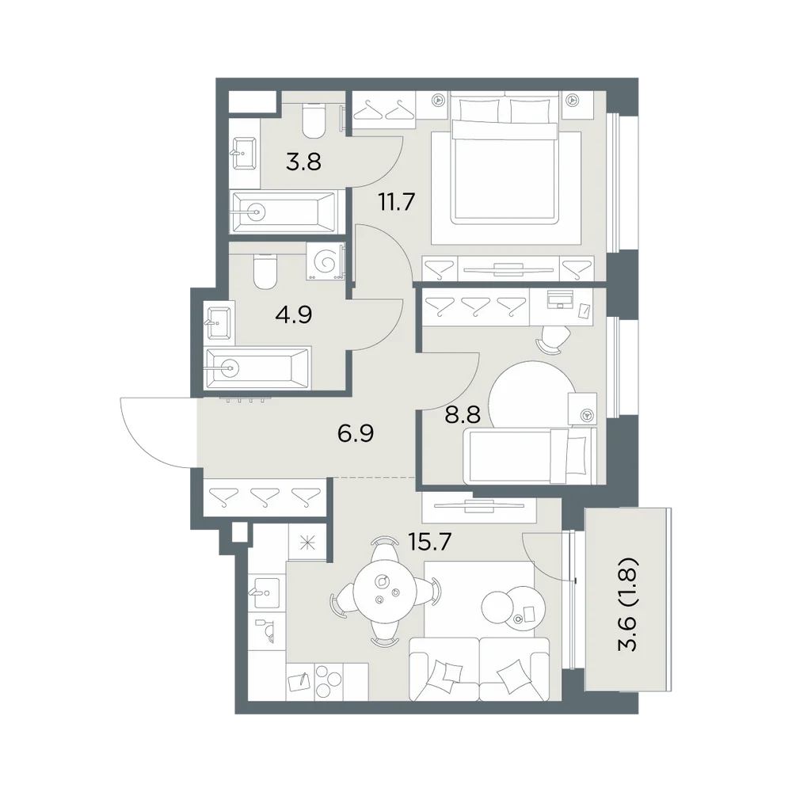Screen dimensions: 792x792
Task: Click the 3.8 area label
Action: point(303,162)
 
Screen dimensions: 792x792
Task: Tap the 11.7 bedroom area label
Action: point(397,203)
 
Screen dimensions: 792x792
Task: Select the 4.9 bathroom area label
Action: point(294,314)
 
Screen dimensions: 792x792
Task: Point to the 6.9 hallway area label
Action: point(356,433)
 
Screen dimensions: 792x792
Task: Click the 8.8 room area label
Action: point(463,415)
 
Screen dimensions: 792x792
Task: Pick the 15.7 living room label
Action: point(428,542)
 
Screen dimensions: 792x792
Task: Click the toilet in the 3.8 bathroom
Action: point(314,120)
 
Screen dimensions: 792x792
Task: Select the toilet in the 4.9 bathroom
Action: point(265,271)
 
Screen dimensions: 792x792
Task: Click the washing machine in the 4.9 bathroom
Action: point(325,261)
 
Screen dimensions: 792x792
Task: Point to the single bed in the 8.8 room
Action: point(531,456)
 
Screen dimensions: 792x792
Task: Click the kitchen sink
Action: point(267,592)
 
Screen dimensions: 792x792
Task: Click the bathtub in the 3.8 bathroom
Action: point(283,212)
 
